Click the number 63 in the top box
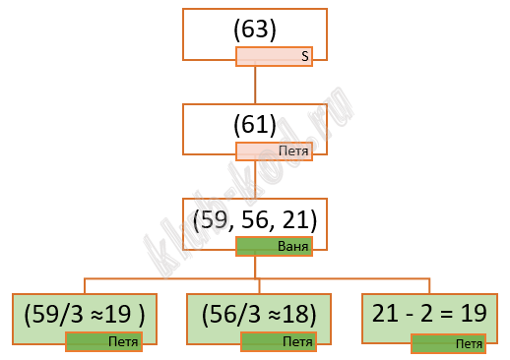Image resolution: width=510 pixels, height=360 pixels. [255, 30]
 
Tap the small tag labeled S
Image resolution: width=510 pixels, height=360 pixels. [274, 57]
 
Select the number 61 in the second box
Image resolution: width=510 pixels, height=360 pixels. [255, 124]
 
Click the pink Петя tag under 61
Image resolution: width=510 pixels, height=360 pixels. [274, 151]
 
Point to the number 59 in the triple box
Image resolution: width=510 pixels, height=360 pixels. [214, 219]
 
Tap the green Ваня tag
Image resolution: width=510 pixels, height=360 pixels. [274, 246]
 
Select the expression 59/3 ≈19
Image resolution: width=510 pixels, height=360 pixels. [82, 314]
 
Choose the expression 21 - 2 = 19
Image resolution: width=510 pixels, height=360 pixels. [429, 313]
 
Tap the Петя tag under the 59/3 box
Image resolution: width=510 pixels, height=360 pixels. [104, 341]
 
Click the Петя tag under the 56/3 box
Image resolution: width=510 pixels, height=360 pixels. [279, 341]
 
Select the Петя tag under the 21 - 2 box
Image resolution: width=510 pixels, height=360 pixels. [448, 344]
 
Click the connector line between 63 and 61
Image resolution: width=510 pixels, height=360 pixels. [255, 85]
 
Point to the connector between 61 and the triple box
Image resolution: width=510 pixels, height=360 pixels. [255, 179]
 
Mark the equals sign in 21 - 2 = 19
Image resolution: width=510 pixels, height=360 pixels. [446, 314]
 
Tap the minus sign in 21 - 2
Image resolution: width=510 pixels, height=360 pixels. [410, 315]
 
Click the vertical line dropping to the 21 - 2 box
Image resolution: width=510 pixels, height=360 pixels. [429, 286]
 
